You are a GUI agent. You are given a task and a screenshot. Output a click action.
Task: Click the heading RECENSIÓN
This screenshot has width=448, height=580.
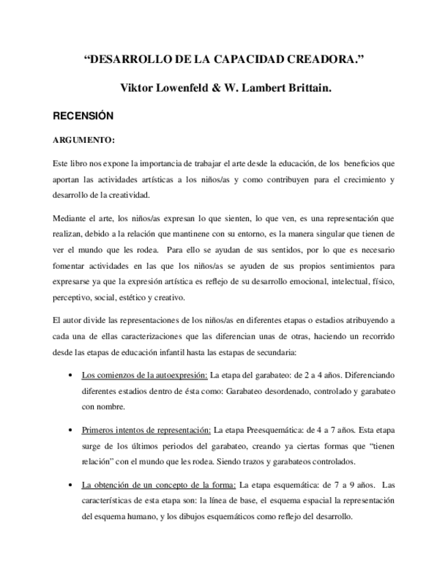click(83, 116)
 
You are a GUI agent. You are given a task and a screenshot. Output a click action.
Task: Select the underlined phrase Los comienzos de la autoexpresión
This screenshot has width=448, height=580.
click(144, 375)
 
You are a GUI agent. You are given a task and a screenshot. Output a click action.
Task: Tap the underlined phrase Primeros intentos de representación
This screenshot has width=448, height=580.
click(146, 430)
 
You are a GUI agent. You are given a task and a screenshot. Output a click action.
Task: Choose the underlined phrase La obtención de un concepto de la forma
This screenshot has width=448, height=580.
click(159, 485)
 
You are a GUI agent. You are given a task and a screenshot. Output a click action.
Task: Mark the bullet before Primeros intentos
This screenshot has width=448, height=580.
click(73, 430)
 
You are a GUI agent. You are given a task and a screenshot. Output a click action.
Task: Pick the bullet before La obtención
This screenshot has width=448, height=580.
click(73, 486)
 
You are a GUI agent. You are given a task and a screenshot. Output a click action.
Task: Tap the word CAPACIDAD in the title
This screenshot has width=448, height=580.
click(256, 60)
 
